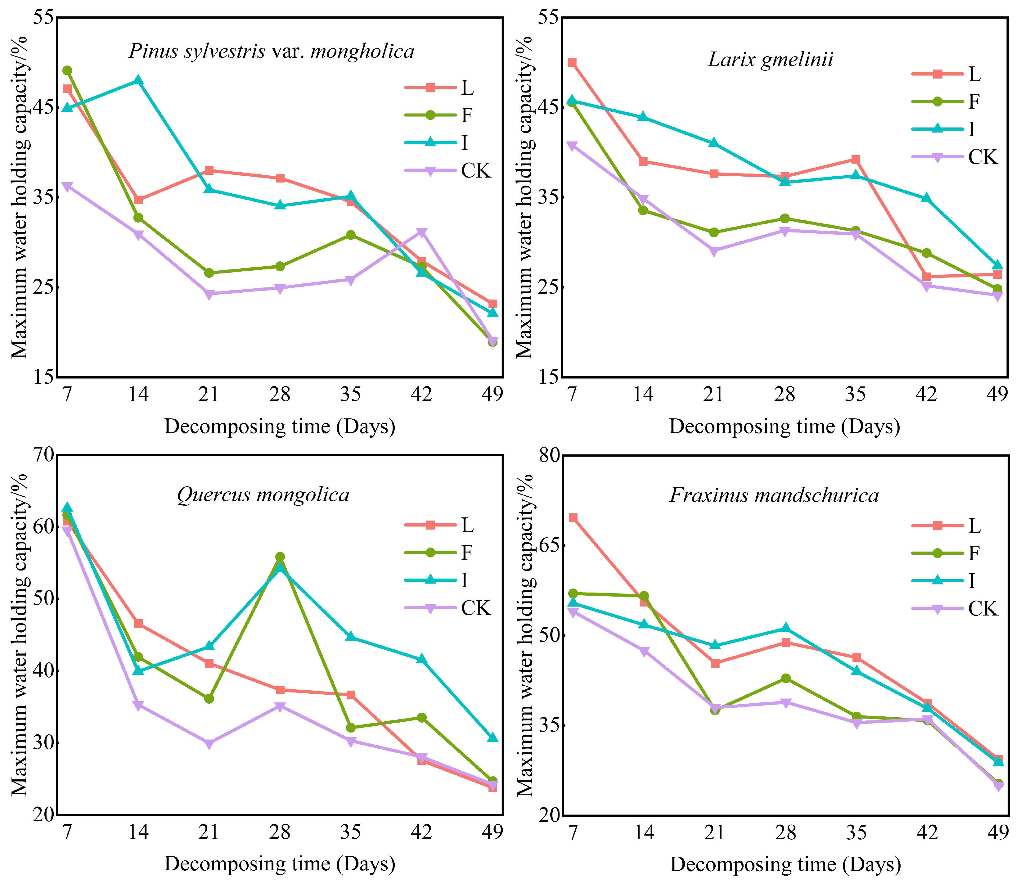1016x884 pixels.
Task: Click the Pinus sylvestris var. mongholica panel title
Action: tap(271, 51)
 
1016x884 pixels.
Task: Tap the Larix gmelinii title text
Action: tap(771, 60)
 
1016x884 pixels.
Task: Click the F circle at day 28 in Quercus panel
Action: tap(280, 557)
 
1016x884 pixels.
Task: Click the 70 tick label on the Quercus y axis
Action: tap(43, 454)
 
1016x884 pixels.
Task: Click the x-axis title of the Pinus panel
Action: tap(280, 426)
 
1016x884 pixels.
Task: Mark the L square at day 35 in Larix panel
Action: tap(856, 159)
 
